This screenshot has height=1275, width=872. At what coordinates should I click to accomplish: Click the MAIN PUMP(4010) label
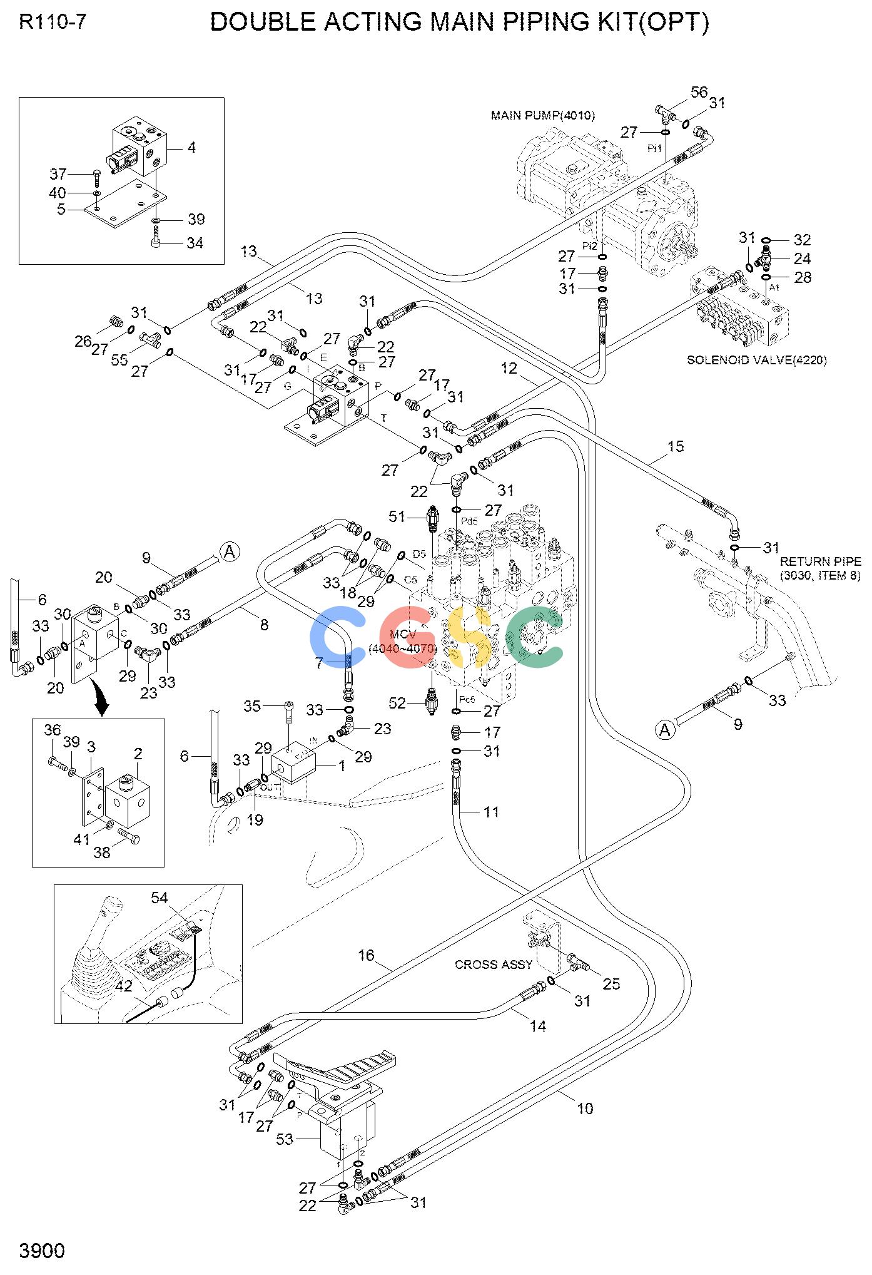pyautogui.click(x=542, y=116)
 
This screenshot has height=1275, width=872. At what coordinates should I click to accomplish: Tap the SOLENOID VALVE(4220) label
pyautogui.click(x=756, y=360)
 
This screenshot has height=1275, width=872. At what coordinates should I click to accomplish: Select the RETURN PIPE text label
pyautogui.click(x=820, y=562)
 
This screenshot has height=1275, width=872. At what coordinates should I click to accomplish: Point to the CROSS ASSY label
pyautogui.click(x=494, y=965)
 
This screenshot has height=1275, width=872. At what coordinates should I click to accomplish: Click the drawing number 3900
pyautogui.click(x=42, y=1251)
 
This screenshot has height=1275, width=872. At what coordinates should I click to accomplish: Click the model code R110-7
pyautogui.click(x=53, y=23)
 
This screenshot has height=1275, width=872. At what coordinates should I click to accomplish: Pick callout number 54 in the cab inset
pyautogui.click(x=159, y=898)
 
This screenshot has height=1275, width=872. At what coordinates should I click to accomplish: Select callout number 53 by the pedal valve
pyautogui.click(x=285, y=1140)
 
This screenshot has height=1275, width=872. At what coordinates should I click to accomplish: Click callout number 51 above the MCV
pyautogui.click(x=397, y=516)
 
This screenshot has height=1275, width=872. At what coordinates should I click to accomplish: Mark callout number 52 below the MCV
pyautogui.click(x=397, y=704)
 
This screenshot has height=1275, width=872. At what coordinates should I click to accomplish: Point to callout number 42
pyautogui.click(x=124, y=986)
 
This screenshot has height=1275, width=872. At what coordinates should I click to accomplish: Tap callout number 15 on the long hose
pyautogui.click(x=676, y=447)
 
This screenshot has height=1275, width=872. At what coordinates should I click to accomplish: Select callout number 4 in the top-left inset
pyautogui.click(x=191, y=148)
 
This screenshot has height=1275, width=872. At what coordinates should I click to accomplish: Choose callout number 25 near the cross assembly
pyautogui.click(x=611, y=984)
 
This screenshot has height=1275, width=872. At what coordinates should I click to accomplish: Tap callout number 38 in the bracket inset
pyautogui.click(x=102, y=852)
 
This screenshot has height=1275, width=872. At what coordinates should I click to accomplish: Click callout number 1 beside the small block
pyautogui.click(x=342, y=766)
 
